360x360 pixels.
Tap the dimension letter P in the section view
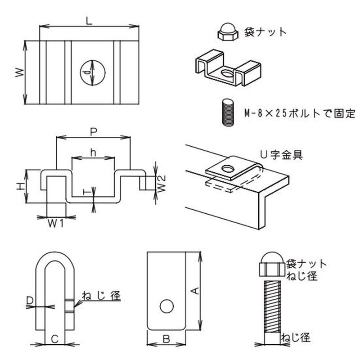point(94,131)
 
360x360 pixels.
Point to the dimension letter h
point(93,153)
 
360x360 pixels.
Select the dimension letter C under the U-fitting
point(54,338)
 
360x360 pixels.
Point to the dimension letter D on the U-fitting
point(30,300)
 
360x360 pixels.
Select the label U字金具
point(281,155)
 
